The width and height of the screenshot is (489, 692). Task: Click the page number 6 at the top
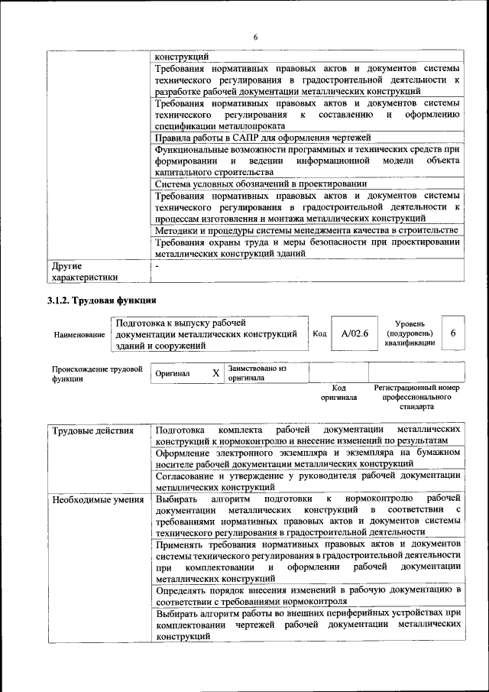pos(256,37)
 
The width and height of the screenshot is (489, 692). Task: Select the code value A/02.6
pos(355,333)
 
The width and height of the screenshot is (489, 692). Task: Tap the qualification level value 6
pos(454,333)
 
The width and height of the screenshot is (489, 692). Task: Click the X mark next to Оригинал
pos(215,373)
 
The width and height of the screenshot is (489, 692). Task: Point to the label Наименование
pos(79,335)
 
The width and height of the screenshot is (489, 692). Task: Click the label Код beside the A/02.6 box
pos(319,334)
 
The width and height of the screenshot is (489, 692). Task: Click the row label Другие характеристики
pos(85,272)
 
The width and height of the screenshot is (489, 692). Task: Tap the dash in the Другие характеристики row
pos(157,266)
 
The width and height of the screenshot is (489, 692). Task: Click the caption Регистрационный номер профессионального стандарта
pos(416,398)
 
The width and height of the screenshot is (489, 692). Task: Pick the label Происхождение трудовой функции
pos(97,373)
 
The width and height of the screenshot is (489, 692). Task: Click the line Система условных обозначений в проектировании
pos(261,184)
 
